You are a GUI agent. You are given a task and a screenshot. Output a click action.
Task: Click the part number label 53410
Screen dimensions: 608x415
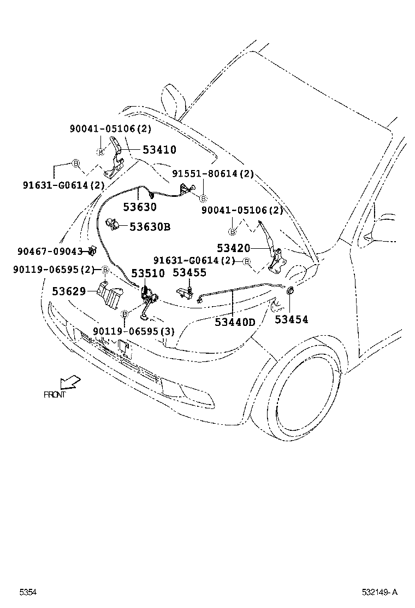click(x=159, y=149)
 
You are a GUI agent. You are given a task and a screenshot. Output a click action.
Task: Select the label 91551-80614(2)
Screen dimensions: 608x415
click(x=213, y=174)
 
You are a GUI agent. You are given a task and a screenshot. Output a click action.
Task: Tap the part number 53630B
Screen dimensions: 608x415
click(x=150, y=226)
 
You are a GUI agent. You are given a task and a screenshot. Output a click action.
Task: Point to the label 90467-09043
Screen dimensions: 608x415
click(x=49, y=252)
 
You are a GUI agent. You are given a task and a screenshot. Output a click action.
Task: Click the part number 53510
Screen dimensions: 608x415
click(x=146, y=273)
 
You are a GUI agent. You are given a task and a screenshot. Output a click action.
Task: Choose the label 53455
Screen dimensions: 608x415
click(x=189, y=272)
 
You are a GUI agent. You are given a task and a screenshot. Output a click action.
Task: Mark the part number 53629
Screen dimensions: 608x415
click(x=69, y=291)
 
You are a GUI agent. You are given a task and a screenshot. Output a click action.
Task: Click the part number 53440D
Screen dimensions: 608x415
click(x=235, y=322)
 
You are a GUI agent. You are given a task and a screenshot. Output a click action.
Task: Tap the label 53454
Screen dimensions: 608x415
click(x=291, y=319)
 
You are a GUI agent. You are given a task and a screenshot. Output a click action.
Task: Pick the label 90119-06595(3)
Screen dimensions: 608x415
click(x=133, y=331)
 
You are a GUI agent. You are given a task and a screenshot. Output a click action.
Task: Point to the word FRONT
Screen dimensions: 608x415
click(x=55, y=394)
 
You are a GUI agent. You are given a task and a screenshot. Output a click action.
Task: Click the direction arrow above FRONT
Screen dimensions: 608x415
click(x=70, y=381)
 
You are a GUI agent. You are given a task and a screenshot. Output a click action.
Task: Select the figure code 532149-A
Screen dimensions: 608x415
click(x=380, y=592)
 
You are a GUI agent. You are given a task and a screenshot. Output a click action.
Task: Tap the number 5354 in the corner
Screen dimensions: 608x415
click(x=28, y=592)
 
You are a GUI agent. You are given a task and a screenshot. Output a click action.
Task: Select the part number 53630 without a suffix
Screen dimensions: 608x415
click(x=139, y=207)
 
